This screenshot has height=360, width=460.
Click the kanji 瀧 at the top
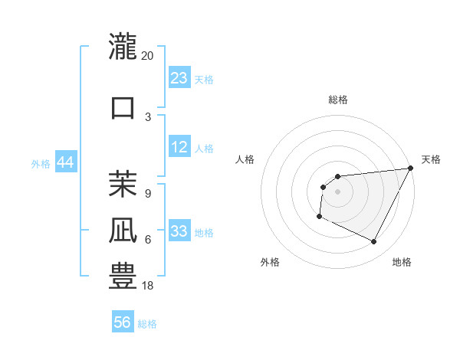point(123,45)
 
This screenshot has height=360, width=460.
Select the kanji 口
point(123,106)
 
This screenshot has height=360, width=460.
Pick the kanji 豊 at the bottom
point(123,277)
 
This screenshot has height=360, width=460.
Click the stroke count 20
point(148,56)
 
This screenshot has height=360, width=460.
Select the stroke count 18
point(148,286)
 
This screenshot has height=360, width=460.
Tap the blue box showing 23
point(179,78)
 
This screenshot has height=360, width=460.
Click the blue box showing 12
point(179,148)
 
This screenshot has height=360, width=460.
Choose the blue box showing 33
point(179,232)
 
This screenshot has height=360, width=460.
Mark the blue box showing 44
point(66,162)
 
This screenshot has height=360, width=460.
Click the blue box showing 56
point(123,322)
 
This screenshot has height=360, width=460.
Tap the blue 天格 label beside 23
point(204,80)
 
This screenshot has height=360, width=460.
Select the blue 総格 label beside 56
point(147,324)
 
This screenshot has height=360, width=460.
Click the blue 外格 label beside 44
point(41,164)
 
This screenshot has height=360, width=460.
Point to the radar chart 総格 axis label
point(338,100)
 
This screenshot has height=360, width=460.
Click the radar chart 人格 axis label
point(245,159)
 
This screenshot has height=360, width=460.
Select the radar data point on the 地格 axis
point(374,242)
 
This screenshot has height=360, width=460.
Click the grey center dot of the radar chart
point(338,191)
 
